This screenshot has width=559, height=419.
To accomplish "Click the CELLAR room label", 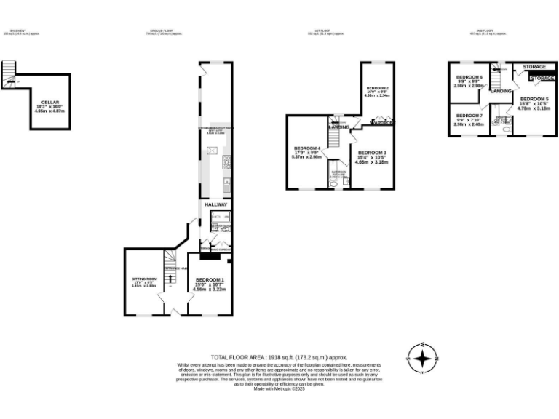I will tap(49, 103).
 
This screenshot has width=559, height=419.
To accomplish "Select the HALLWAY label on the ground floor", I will tap(215, 204).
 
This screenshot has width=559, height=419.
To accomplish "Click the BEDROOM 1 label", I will tap(210, 280).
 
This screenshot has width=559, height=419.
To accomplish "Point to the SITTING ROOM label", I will tap(143, 279).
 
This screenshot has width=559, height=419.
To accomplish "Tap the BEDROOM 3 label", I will tap(371, 153).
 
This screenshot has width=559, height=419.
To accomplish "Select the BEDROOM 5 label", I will tap(534, 98).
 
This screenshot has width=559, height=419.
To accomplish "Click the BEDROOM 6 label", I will tap(469, 77).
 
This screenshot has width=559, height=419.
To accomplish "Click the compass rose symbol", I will tap(421, 358).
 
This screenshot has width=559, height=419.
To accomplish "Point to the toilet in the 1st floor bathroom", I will tap(333, 184).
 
